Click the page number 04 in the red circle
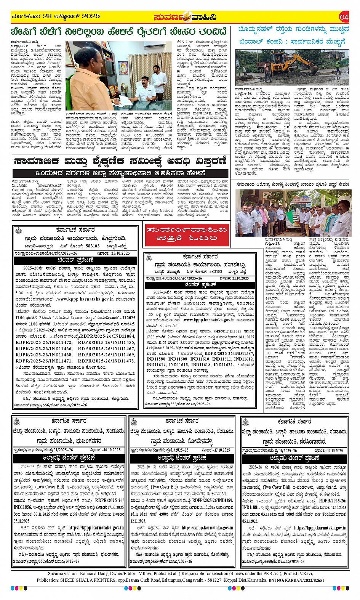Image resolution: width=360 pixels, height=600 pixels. click(344, 17)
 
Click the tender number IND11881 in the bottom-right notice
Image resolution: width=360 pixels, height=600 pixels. click(251, 507)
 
